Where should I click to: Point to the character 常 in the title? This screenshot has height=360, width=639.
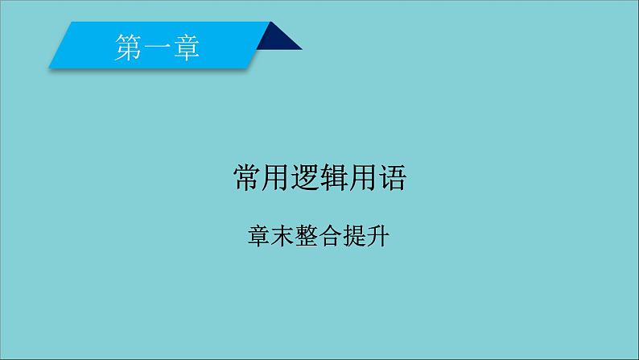coord(246,177)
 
